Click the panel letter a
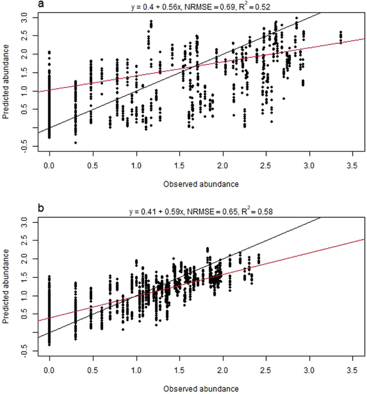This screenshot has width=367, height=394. click(42, 5)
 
